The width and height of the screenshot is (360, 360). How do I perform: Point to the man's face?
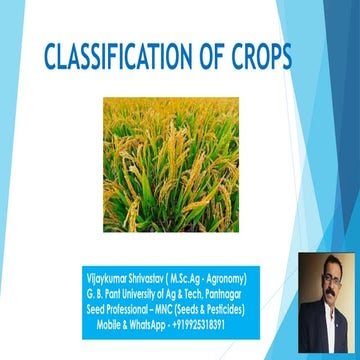click(x=326, y=286)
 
